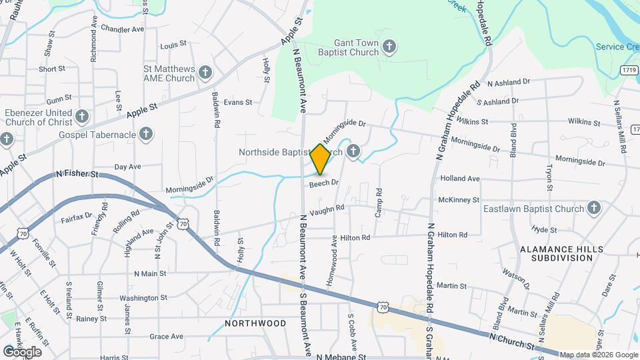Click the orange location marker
coord(320,159)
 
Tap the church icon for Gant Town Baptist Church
coord(390,47)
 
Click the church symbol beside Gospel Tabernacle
coord(147,135)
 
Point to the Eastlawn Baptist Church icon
coord(593,209)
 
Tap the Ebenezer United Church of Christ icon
coord(82,117)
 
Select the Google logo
coord(22,351)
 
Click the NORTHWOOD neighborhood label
coord(255,323)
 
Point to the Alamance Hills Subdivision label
coord(561,254)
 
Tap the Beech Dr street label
coord(325,182)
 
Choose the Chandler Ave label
coord(123,29)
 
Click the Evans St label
coord(238,102)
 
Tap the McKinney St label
coord(459,200)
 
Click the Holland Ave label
coord(460,179)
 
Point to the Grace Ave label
coord(166,337)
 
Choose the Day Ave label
coord(128,167)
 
